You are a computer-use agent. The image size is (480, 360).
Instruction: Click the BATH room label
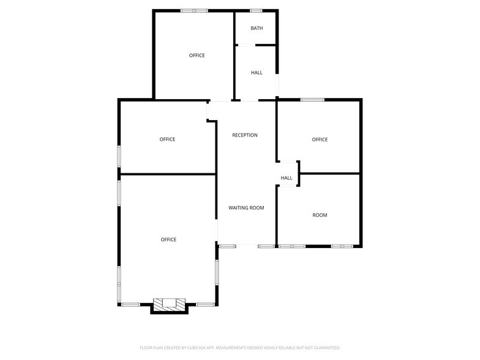pyautogui.click(x=257, y=28)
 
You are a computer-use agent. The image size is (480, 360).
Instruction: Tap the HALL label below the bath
pyautogui.click(x=257, y=73)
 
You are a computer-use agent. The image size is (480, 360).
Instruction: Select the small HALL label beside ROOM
pyautogui.click(x=287, y=178)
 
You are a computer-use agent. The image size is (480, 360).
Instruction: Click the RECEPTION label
pyautogui.click(x=245, y=135)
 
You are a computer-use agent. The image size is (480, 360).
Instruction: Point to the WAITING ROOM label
pyautogui.click(x=246, y=208)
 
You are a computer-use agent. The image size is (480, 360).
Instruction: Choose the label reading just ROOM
pyautogui.click(x=320, y=216)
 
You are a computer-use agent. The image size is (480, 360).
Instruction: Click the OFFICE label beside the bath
pyautogui.click(x=197, y=56)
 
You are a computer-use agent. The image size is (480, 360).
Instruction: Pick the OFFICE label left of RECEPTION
pyautogui.click(x=167, y=140)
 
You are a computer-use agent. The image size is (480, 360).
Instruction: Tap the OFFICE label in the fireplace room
pyautogui.click(x=168, y=239)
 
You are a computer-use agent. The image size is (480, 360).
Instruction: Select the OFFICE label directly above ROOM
pyautogui.click(x=320, y=140)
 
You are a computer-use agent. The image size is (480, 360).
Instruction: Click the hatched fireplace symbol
pyautogui.click(x=168, y=304)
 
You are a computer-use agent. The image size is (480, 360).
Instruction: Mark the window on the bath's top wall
pyautogui.click(x=256, y=10)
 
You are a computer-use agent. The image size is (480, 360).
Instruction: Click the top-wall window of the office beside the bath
pyautogui.click(x=194, y=10)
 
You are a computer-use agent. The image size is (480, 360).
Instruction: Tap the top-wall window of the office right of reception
pyautogui.click(x=312, y=100)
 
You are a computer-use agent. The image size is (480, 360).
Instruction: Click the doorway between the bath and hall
pyautogui.click(x=246, y=45)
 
